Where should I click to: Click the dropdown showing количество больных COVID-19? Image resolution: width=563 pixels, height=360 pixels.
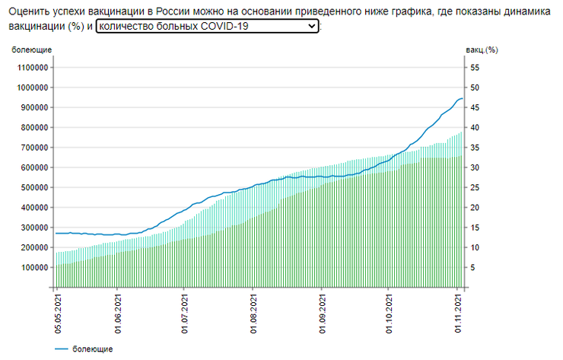coord(208,26)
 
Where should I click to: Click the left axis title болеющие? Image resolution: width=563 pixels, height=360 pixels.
coord(31,50)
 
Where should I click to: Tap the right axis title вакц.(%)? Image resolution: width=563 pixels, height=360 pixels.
coord(481,50)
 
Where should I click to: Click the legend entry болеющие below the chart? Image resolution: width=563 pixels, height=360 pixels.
coord(93,349)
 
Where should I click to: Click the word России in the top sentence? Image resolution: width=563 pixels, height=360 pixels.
coord(174,11)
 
